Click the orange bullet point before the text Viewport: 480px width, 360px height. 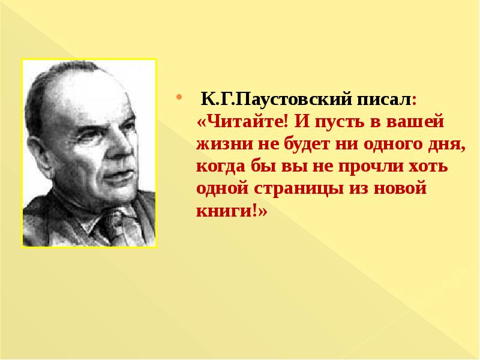tap(179, 98)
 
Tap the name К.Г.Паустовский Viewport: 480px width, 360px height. tap(277, 100)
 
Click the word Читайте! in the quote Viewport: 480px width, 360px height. tap(243, 121)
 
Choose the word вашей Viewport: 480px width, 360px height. tap(415, 122)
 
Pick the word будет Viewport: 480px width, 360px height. tap(308, 143)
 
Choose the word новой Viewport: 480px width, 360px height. tap(400, 188)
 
